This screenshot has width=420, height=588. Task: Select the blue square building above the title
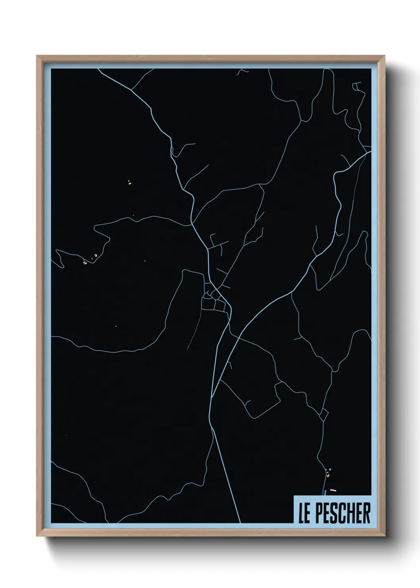point(330,469)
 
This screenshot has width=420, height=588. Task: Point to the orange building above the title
point(328,474)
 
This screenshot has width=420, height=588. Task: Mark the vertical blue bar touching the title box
point(325,493)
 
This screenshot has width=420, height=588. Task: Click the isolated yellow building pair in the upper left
point(129,182)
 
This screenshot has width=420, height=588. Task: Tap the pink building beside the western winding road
point(95,255)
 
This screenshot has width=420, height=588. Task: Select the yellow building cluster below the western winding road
point(85,262)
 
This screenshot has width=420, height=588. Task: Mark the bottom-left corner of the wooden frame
point(37,537)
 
